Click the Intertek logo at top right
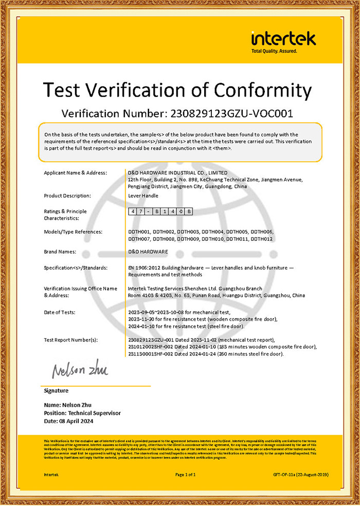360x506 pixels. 283,39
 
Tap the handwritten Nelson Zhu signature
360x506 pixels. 79,370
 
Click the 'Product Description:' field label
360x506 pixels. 67,196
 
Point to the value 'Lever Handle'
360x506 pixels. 143,196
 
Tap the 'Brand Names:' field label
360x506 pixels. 60,252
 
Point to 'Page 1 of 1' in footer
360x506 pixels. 186,474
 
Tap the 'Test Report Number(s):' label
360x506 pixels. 71,340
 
